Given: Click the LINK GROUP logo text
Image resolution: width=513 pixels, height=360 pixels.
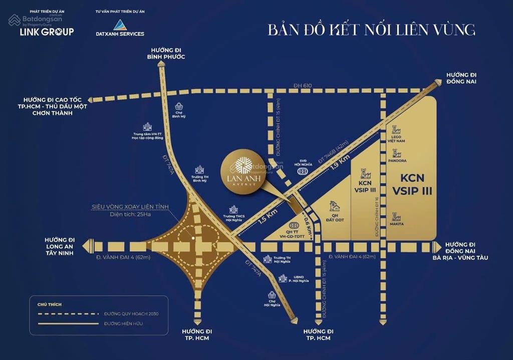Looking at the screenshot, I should (x=47, y=32).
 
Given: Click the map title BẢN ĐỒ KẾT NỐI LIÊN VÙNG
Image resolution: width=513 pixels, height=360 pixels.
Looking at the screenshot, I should (x=371, y=30).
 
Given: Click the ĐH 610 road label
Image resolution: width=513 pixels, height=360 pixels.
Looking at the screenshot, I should (x=304, y=86).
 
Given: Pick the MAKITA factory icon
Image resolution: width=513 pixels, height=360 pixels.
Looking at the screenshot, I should (x=397, y=217).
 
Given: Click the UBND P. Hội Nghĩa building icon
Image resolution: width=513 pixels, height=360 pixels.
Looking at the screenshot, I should (x=284, y=279).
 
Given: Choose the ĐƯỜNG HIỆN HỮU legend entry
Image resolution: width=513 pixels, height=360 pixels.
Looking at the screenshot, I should (x=123, y=324).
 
